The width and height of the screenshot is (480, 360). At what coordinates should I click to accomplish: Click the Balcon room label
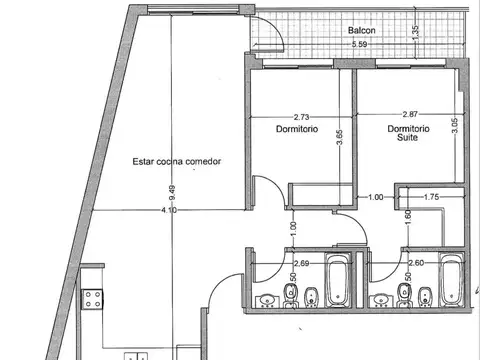362,30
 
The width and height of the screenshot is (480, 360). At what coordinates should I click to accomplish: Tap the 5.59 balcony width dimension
359,44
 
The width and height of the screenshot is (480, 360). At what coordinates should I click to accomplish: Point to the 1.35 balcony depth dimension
415,33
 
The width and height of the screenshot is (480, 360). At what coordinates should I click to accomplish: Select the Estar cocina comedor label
177,162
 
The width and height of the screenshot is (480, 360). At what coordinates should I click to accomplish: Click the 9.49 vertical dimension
172,193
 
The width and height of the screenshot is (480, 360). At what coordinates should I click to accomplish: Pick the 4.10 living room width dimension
169,210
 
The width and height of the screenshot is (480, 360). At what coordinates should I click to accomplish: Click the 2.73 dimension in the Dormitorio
301,117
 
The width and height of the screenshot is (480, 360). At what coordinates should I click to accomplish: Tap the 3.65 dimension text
339,137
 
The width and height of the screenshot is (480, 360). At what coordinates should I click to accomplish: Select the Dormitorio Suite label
408,133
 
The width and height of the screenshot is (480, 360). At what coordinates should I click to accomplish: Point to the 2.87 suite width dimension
410,114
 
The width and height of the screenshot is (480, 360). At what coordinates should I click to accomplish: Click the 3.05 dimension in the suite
455,125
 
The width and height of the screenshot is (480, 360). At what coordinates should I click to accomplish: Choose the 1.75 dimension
431,197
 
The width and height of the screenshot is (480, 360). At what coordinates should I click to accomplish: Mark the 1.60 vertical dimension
409,217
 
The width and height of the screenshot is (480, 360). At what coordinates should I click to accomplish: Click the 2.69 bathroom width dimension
301,263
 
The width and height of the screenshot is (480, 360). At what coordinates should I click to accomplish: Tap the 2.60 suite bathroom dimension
416,263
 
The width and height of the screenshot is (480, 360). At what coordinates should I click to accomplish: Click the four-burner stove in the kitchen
92,299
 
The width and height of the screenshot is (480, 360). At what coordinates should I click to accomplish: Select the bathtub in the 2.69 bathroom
338,280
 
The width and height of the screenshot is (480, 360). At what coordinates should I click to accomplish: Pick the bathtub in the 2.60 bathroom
452,280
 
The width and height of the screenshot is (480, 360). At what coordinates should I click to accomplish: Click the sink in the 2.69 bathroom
266,300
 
